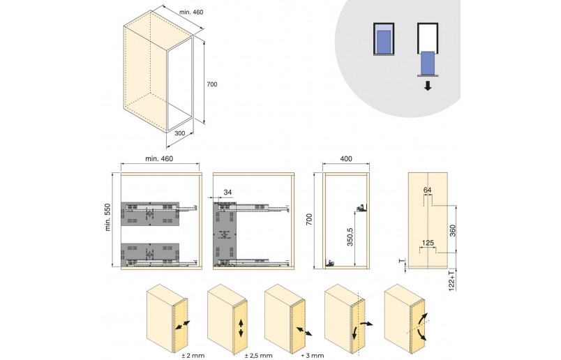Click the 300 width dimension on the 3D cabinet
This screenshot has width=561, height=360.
pos(179,133)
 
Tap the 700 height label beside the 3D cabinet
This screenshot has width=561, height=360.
pos(212,84)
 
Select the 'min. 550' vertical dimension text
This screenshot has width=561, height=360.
pos(107,217)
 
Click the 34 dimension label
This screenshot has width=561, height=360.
pos(227,192)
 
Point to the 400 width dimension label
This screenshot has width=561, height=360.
pos(346,158)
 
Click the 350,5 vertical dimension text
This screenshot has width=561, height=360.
pos(350,237)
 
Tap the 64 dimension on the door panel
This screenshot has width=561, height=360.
pos(427,190)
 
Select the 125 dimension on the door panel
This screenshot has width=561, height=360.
pos(428,243)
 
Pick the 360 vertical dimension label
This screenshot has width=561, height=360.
pos(452,230)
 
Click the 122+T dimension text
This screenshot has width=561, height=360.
pos(452,280)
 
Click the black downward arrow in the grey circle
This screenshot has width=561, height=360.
pos(428,86)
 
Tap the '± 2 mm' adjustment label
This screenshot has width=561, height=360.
pos(193,355)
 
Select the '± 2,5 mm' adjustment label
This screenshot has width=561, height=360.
pos(259,355)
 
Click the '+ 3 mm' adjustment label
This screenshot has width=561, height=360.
pos(313,355)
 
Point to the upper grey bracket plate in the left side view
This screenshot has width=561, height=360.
pos(150,214)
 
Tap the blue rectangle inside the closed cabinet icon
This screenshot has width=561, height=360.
pos(384,40)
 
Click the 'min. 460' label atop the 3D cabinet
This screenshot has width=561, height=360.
pos(191,12)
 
